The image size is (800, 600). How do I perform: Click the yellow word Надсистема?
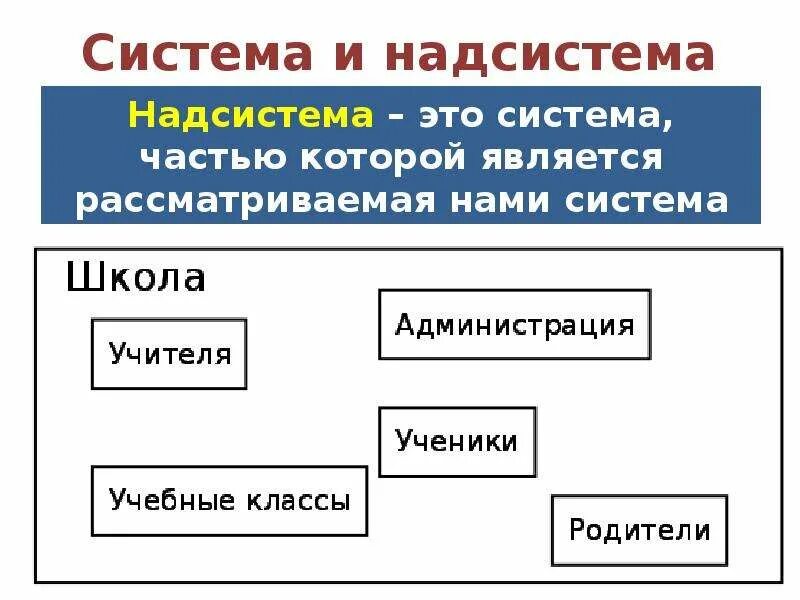(250, 116)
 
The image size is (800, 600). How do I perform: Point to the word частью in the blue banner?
(200, 158)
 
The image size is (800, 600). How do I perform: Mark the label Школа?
(136, 277)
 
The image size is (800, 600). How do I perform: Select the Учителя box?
(169, 354)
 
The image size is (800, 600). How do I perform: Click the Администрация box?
(514, 325)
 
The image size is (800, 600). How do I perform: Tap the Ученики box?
(457, 441)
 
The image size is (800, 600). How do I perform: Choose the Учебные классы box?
(229, 500)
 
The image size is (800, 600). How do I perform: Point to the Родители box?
(639, 530)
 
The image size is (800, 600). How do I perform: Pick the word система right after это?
(592, 116)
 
